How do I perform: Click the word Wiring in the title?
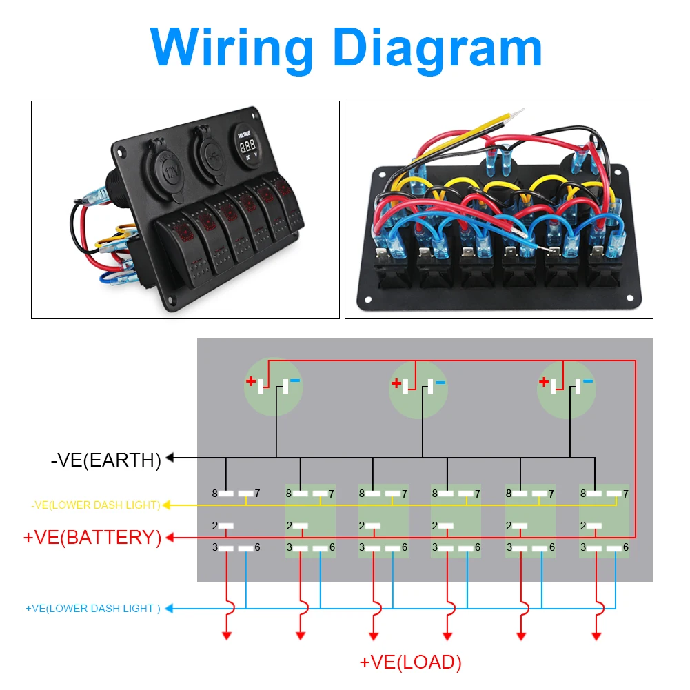click(x=232, y=49)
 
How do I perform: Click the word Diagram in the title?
click(x=438, y=49)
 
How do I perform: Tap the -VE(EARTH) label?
click(x=106, y=460)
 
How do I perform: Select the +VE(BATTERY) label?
click(x=92, y=537)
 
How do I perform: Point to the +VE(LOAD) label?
click(x=411, y=662)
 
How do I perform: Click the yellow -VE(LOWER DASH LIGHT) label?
click(x=96, y=505)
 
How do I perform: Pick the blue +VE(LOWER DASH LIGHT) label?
click(x=93, y=609)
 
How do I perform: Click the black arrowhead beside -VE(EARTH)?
click(x=170, y=458)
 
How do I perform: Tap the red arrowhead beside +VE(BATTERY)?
click(x=170, y=537)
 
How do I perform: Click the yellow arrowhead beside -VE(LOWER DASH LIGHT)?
click(x=167, y=505)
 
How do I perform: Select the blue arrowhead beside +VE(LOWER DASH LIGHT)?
click(x=169, y=609)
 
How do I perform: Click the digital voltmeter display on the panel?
click(x=247, y=145)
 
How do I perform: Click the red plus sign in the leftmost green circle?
click(x=251, y=381)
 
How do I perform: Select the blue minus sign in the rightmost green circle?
click(x=588, y=381)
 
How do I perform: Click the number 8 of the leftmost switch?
click(x=215, y=494)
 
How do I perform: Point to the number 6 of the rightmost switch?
click(x=626, y=547)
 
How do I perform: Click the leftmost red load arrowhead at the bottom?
click(x=227, y=636)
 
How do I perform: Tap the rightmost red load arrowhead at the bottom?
click(x=596, y=636)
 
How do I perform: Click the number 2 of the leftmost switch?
click(x=215, y=526)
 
